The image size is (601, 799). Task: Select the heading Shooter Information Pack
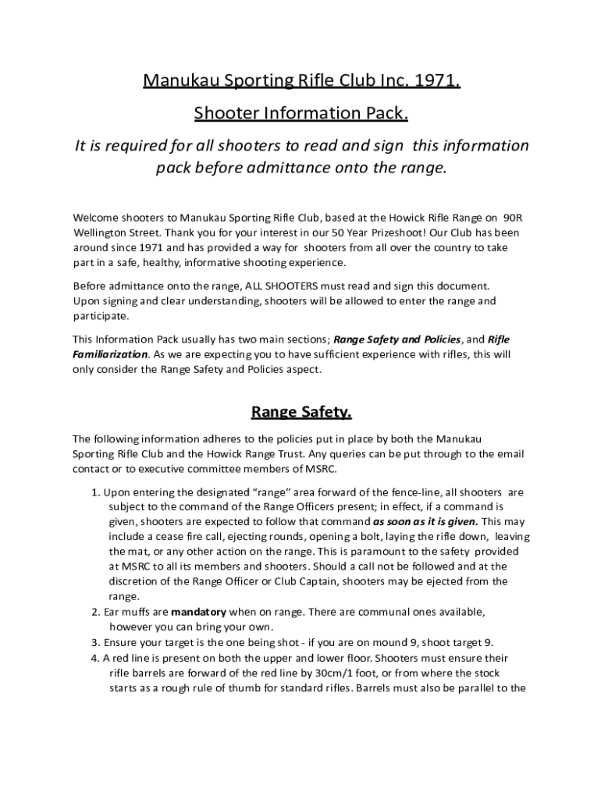[300, 114]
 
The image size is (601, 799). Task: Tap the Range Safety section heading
[300, 412]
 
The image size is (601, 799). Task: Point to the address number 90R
[514, 218]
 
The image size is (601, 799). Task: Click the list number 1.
[94, 492]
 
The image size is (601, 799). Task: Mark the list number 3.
[94, 642]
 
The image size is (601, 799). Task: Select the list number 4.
[94, 658]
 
